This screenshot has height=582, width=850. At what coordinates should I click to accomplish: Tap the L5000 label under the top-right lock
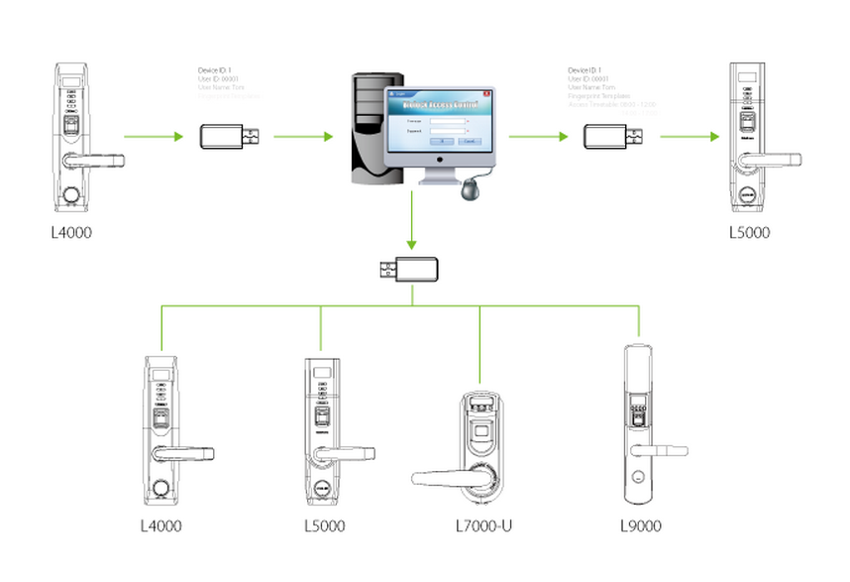(749, 234)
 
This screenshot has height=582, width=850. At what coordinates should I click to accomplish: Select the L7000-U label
(480, 525)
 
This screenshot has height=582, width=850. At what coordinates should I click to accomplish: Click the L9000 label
(639, 525)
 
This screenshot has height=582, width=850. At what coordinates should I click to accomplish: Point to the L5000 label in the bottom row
(324, 525)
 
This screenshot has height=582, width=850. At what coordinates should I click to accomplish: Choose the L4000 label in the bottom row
(160, 525)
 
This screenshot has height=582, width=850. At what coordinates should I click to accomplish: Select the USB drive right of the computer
(614, 137)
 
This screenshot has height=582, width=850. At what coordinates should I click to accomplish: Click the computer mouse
(469, 188)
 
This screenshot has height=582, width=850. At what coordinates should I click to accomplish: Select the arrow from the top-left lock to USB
(154, 136)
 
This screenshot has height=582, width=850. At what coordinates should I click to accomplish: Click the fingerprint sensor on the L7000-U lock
(480, 429)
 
